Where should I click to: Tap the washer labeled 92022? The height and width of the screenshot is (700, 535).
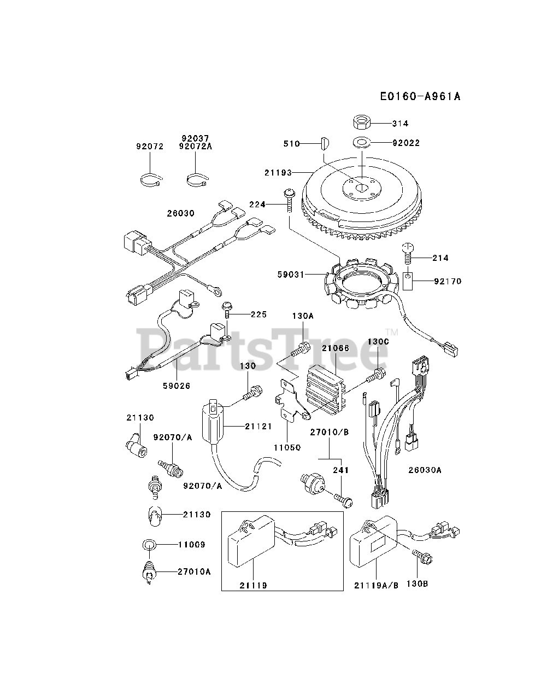click(361, 143)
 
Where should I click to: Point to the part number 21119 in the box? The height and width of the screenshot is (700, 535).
click(253, 585)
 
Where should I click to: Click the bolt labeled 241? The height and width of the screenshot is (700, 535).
click(342, 497)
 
